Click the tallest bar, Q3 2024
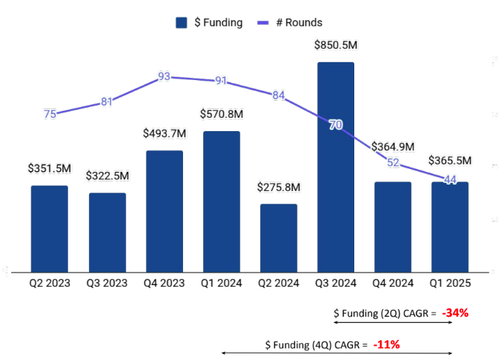pos(336,167)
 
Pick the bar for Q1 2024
pos(222,201)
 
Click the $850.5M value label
pos(336,45)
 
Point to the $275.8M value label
pos(279,187)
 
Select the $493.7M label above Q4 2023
pos(165,133)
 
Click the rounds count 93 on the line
pos(165,76)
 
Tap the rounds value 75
pos(50,114)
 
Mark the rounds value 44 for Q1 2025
pos(450,180)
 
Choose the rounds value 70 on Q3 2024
pos(336,125)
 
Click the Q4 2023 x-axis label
pos(165,283)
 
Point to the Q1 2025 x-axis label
pos(450,283)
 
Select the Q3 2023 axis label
pos(107,283)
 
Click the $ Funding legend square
pos(181,22)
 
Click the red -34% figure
pos(455,313)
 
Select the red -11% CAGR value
pos(387,344)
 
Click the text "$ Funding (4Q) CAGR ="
pos(316,344)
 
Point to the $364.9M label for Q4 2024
pos(393,146)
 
